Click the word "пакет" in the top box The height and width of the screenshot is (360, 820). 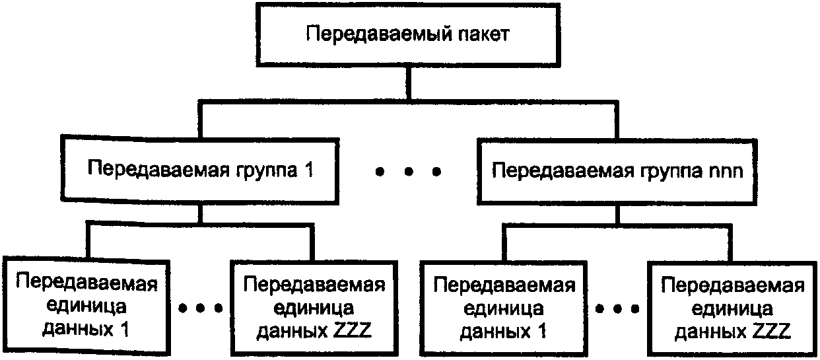[x=483, y=34]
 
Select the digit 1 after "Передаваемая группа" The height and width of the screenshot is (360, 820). [x=310, y=170]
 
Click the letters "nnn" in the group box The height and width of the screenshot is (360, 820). [x=726, y=171]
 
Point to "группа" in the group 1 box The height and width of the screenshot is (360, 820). [x=266, y=171]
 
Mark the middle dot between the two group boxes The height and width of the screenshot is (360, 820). [x=409, y=171]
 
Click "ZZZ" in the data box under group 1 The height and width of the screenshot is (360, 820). [x=353, y=330]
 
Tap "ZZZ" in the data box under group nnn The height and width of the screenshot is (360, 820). [x=772, y=332]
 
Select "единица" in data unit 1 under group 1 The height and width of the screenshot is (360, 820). [x=86, y=307]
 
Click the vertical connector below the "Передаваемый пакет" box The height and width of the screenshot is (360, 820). [x=409, y=83]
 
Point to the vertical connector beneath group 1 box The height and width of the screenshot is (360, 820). [x=200, y=213]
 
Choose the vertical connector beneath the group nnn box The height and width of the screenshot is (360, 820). [x=617, y=214]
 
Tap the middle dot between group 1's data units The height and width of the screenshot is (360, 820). [x=200, y=308]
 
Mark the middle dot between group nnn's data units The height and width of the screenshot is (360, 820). [x=617, y=309]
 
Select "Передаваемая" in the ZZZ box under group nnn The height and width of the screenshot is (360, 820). [x=733, y=285]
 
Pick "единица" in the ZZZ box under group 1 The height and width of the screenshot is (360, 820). [x=314, y=308]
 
